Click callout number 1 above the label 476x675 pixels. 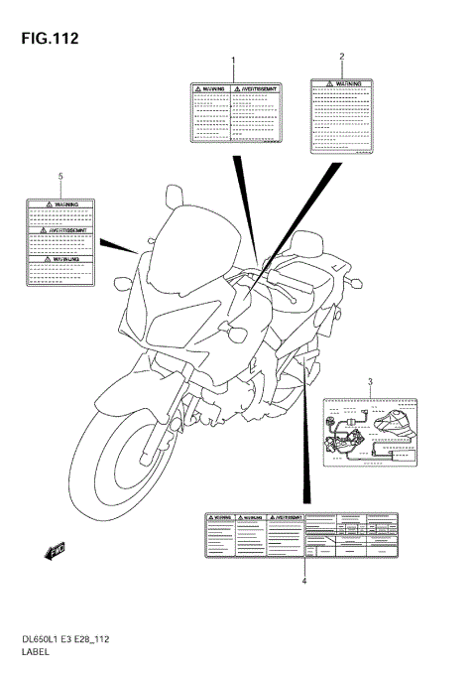tap(233, 62)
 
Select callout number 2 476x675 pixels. tap(342, 57)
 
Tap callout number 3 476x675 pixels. tap(370, 381)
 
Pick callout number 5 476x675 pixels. tap(60, 176)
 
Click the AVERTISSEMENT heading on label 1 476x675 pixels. tap(253, 89)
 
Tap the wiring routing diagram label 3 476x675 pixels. tap(369, 430)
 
